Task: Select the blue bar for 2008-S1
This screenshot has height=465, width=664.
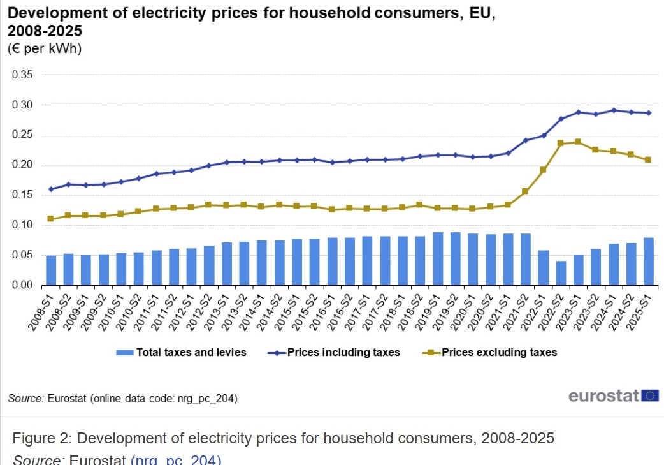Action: [x=51, y=270]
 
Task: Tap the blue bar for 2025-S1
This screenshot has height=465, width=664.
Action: [x=649, y=261]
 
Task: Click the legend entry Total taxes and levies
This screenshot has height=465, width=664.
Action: [x=181, y=352]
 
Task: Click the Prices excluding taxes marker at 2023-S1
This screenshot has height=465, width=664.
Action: [x=578, y=142]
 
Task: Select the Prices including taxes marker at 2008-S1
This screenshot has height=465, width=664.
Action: [x=51, y=189]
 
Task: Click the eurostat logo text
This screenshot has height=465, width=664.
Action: [x=603, y=396]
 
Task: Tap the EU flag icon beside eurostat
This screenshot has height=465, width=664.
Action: [x=651, y=395]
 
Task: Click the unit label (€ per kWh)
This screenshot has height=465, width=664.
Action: [x=45, y=48]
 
